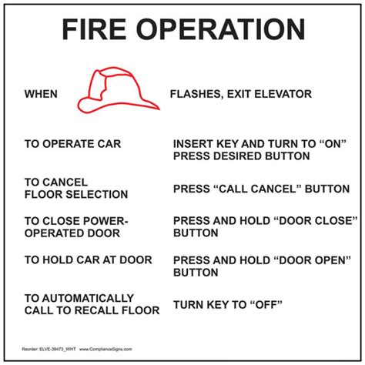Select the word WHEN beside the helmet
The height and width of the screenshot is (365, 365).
pyautogui.click(x=42, y=95)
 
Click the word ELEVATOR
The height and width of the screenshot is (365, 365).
pyautogui.click(x=282, y=95)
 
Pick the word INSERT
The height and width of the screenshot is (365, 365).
pyautogui.click(x=193, y=144)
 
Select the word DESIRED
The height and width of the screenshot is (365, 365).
pyautogui.click(x=247, y=156)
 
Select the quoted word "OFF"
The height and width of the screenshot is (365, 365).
pyautogui.click(x=264, y=304)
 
